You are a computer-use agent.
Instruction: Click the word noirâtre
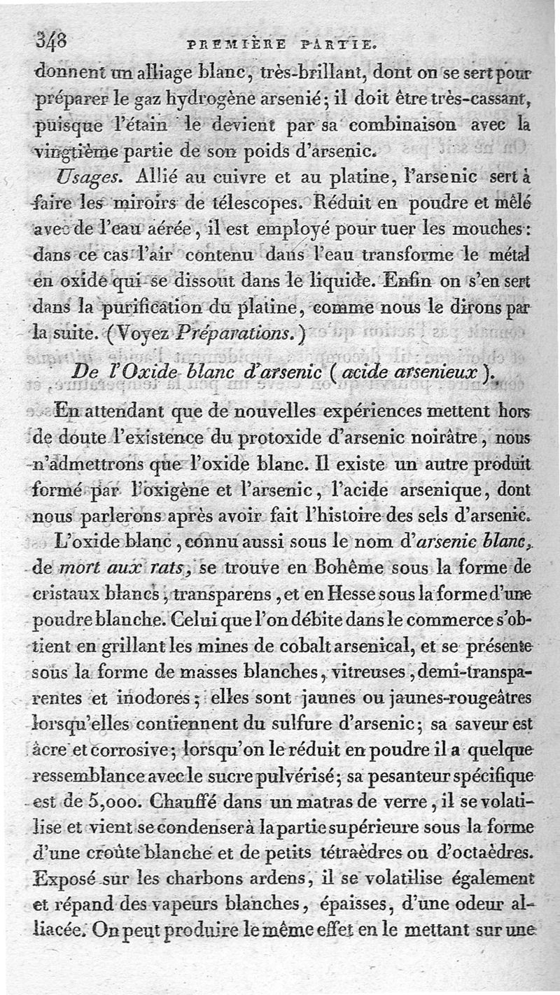(x=436, y=439)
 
